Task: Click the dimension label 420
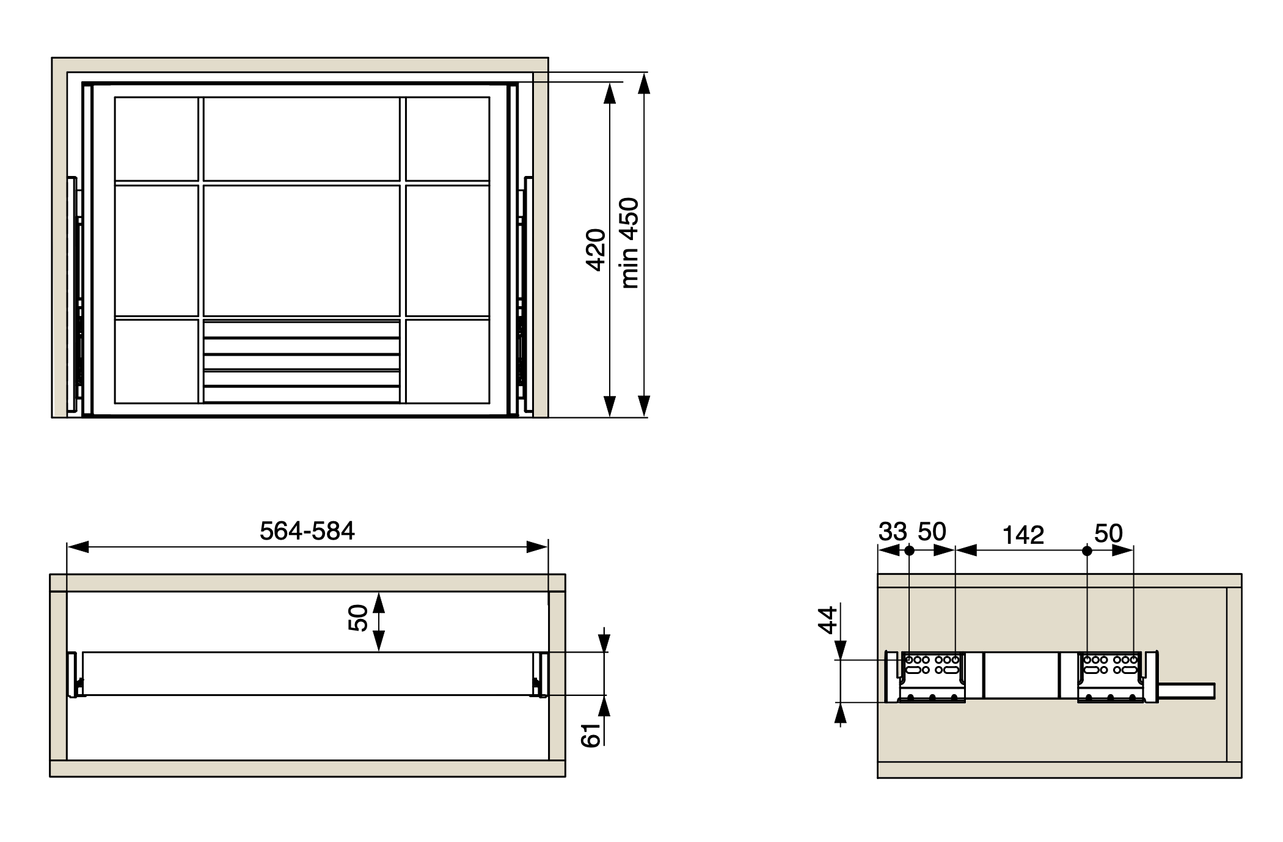[x=596, y=249]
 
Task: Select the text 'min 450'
[x=629, y=243]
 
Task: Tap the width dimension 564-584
[x=307, y=531]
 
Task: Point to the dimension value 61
[x=591, y=735]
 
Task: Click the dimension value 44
[x=827, y=620]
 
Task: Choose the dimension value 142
[x=1023, y=535]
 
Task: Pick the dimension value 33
[x=893, y=532]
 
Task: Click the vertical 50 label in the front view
[x=357, y=618]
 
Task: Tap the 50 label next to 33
[x=932, y=532]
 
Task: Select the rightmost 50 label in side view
[x=1108, y=533]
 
